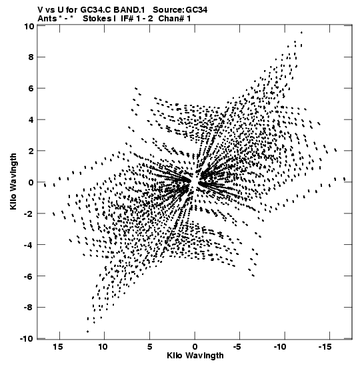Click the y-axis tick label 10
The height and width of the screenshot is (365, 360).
[x=29, y=26]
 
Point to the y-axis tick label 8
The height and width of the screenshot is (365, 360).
[x=31, y=57]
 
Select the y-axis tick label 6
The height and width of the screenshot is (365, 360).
[x=31, y=89]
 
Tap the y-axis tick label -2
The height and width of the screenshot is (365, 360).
[x=29, y=214]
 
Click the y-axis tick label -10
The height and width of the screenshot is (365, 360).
[x=27, y=339]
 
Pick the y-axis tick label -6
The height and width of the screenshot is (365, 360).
[x=29, y=276]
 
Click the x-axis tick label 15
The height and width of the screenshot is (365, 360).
[x=58, y=347]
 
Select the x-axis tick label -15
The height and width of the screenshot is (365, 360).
[x=325, y=347]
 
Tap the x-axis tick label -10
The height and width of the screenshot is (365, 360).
[x=279, y=347]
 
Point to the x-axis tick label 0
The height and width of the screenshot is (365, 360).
[x=195, y=347]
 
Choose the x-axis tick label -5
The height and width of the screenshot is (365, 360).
[x=237, y=347]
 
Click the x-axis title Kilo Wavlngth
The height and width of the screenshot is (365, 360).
[x=195, y=356]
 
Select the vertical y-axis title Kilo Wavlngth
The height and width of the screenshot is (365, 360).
[x=13, y=181]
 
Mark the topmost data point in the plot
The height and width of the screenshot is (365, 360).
[x=301, y=32]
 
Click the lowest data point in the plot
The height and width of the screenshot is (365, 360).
[x=88, y=332]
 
